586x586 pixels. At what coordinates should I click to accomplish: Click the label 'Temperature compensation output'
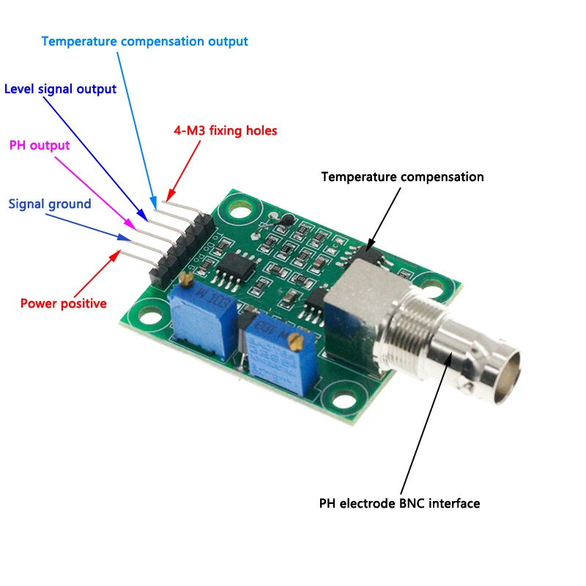tap(144, 42)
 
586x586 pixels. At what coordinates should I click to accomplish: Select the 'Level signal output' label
tap(60, 89)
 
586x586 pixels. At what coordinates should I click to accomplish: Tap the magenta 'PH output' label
tap(40, 145)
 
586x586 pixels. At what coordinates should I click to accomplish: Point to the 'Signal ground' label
tap(50, 204)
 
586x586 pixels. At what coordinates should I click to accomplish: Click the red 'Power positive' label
tap(63, 303)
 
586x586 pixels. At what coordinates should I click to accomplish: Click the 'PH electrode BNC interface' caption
tap(399, 503)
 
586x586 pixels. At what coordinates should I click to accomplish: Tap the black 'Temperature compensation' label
tap(402, 177)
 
